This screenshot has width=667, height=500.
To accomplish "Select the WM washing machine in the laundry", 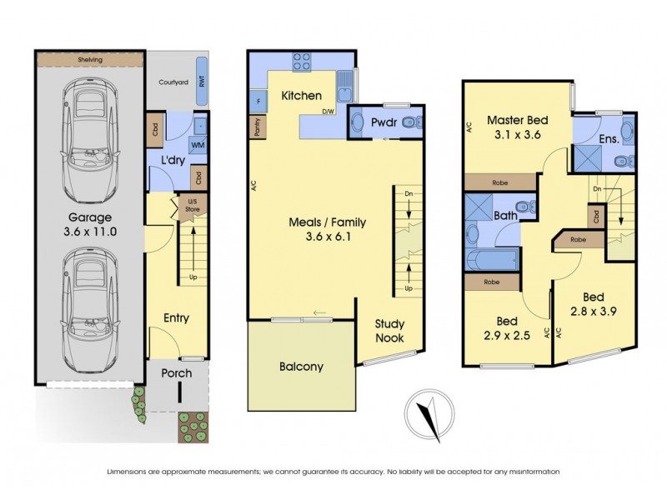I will tap(198, 145).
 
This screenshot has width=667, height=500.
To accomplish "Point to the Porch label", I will tap(176, 373).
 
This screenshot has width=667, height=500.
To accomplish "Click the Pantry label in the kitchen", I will tap(256, 125).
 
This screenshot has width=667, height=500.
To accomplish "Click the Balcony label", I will tap(302, 367).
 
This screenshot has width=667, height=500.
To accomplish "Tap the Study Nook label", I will tap(389, 331).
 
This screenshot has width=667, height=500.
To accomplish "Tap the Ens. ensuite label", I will tap(608, 139).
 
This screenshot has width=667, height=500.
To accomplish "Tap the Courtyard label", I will tap(173, 82).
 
